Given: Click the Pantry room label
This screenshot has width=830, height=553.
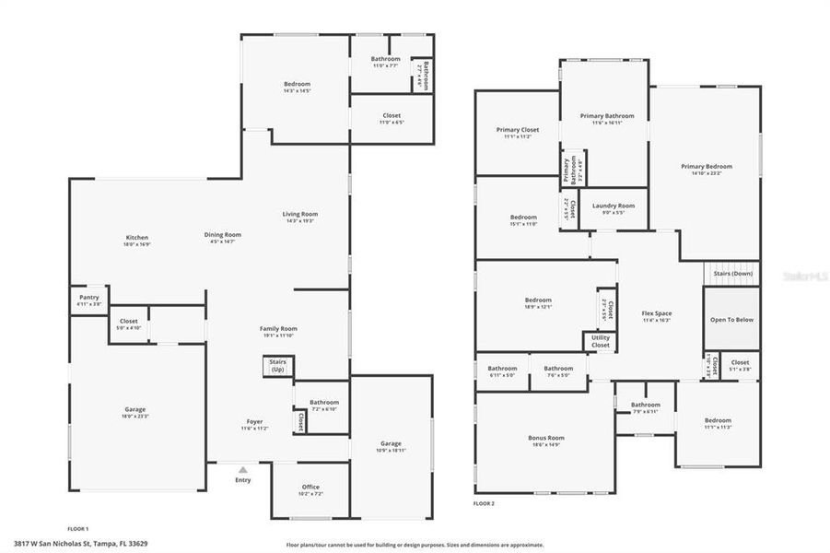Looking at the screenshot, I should click(88, 298).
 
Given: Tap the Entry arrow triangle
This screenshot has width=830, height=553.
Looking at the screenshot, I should click(243, 470).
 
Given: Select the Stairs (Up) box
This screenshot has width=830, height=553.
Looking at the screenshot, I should click(277, 366).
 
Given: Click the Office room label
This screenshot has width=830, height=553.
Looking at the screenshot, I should click(310, 487).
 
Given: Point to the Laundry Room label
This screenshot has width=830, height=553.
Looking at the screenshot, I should click(614, 206).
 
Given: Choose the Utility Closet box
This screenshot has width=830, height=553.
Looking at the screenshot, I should click(600, 341).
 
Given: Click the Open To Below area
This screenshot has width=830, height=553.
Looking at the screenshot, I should click(731, 319).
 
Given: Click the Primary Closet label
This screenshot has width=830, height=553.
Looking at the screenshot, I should click(517, 130).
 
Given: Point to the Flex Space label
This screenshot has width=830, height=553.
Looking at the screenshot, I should click(656, 313).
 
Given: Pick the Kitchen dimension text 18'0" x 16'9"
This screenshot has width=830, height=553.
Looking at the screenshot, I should click(137, 245).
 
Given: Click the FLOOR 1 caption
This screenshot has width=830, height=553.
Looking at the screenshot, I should click(78, 528).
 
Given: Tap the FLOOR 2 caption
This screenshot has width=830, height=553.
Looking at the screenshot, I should click(484, 504).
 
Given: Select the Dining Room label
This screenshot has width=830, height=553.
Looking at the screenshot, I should click(222, 234).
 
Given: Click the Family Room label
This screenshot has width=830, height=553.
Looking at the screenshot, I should click(277, 328).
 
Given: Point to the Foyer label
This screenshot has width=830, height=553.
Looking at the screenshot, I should click(254, 421).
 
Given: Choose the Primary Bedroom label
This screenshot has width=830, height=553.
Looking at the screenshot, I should click(707, 166).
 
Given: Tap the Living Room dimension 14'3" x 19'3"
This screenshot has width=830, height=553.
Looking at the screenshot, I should click(300, 221).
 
